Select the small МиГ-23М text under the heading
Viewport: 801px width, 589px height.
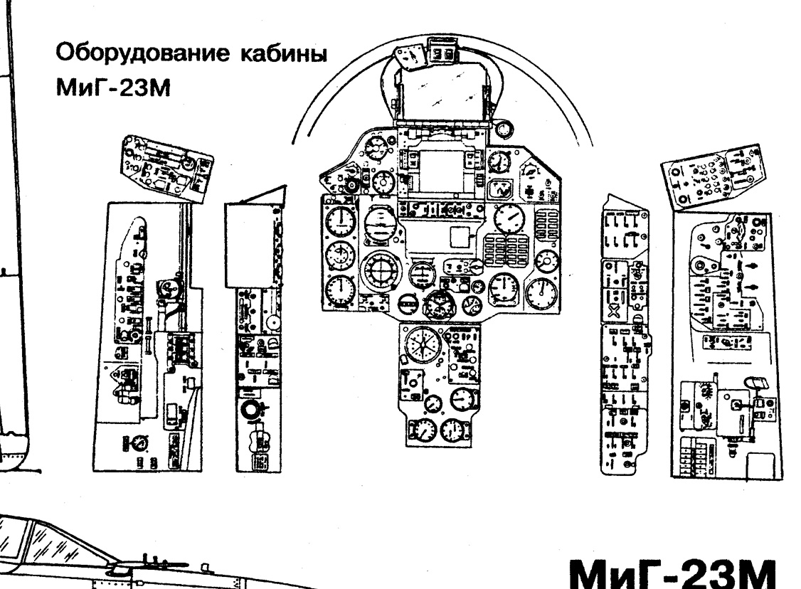coord(113,88)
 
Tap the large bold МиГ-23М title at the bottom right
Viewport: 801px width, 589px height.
coord(673,573)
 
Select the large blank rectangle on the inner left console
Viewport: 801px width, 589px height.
coord(249,245)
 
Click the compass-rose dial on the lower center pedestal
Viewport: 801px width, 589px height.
coord(423,344)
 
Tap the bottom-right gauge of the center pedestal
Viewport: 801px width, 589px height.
coord(452,430)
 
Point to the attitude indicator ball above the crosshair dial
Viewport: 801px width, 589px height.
coord(381,224)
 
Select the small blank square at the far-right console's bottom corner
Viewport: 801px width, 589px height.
coord(762,465)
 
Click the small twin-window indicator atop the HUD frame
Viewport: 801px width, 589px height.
coord(443,53)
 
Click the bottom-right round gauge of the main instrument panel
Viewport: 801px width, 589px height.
coord(542,294)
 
